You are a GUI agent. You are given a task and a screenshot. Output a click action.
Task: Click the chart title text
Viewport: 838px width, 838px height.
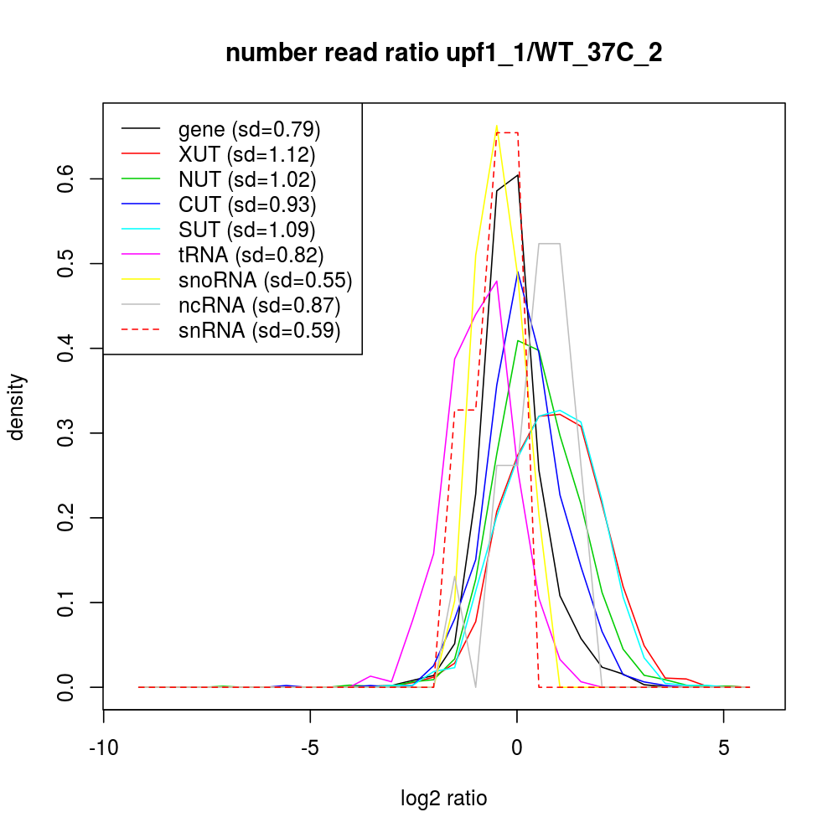pos(444,54)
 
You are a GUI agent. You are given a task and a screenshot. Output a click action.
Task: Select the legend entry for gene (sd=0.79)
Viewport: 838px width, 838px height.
pos(249,129)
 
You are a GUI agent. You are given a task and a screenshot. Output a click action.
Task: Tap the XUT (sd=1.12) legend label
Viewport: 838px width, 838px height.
pos(246,154)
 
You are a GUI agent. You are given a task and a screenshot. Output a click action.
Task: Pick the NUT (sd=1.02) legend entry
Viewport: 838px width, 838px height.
pos(247,179)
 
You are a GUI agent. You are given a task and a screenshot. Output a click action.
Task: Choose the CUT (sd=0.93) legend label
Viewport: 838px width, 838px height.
pos(247,204)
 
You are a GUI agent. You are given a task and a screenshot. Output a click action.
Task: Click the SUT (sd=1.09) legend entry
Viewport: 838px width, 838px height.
pos(247,230)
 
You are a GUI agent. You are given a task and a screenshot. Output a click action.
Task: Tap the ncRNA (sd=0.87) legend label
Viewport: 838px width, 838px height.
pos(259,305)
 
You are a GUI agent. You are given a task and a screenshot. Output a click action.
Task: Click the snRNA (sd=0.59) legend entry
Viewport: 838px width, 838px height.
pos(259,330)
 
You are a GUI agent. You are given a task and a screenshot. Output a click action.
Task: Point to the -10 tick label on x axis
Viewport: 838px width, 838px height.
pos(103,747)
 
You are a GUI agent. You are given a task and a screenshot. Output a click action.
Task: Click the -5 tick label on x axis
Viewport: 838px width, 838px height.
pos(310,747)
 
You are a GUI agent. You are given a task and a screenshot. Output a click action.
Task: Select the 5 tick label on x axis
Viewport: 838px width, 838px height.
pos(724,747)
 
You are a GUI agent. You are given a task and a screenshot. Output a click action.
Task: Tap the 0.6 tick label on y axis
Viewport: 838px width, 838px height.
pos(66,178)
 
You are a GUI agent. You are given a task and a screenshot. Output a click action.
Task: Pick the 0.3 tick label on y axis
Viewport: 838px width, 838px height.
pos(66,433)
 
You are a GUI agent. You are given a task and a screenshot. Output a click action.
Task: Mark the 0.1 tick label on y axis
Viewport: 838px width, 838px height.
pos(66,603)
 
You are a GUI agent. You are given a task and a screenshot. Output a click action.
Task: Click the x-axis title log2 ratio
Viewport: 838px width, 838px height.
pos(444,798)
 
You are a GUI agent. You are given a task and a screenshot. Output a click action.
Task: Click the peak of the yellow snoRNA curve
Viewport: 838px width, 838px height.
pos(497,127)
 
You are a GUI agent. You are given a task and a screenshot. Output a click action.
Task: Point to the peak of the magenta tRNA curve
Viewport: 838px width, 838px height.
pos(497,282)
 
